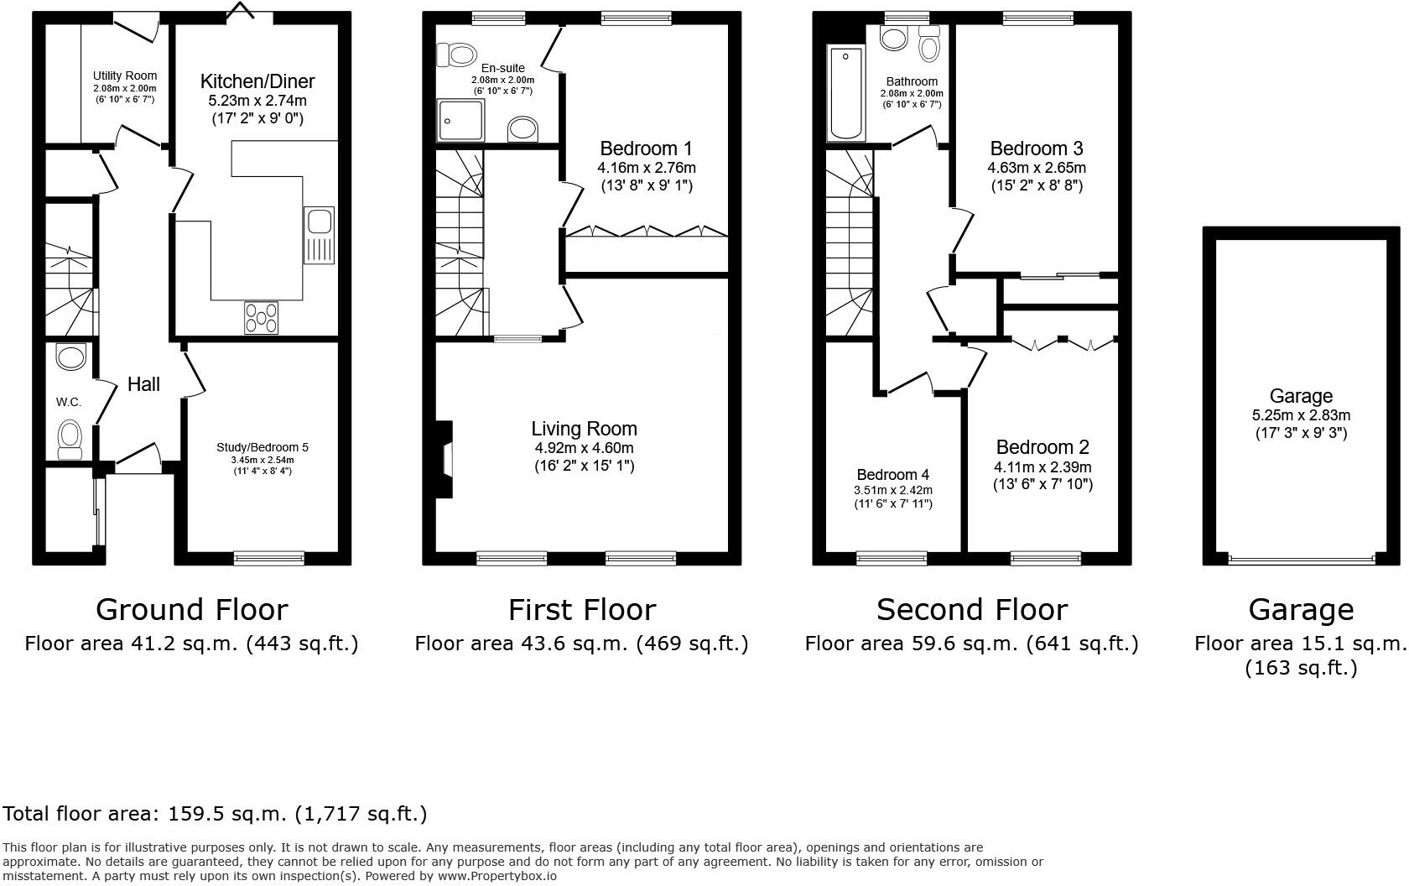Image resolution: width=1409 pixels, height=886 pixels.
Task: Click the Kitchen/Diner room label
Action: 257,81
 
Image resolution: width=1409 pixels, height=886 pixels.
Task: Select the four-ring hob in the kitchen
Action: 262,318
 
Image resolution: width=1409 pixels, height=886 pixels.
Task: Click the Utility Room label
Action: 124,76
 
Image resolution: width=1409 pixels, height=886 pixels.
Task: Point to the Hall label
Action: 143,384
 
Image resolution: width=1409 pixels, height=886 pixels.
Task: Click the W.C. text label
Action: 69,402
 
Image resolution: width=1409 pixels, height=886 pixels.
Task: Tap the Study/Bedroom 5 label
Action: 263,447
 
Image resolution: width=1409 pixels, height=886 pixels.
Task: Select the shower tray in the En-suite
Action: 460,121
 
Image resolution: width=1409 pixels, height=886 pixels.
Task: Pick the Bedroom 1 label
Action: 646,149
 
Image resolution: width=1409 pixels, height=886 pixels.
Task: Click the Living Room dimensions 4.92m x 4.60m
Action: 584,448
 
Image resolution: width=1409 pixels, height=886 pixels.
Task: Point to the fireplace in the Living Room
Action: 445,460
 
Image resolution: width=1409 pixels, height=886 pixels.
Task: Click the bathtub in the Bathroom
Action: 846,94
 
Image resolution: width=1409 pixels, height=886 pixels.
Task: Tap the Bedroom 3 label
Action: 1036,149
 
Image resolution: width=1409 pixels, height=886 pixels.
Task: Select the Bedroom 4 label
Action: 892,475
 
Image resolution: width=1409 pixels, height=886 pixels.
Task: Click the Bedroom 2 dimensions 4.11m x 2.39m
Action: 1042,467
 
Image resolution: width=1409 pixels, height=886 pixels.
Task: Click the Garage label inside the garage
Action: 1300,396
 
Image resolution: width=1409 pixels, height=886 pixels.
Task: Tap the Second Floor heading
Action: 971,609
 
